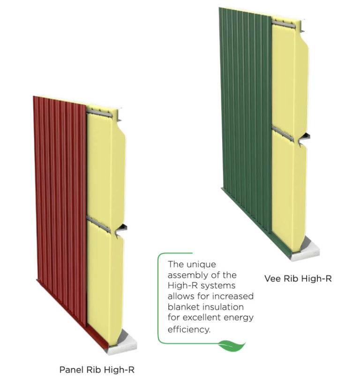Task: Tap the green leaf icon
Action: click(232, 346)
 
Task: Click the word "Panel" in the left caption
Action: click(71, 369)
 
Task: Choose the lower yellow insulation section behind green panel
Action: click(288, 188)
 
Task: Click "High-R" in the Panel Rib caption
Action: click(121, 369)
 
